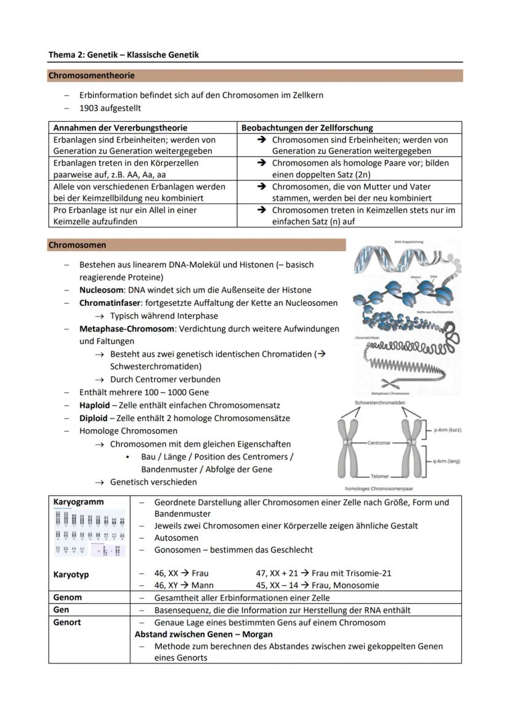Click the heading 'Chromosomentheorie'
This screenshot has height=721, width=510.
click(x=92, y=76)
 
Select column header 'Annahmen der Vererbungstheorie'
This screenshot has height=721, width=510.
click(x=120, y=128)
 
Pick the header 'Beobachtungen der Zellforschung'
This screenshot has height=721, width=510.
click(x=307, y=128)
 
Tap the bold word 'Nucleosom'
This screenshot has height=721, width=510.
click(x=102, y=290)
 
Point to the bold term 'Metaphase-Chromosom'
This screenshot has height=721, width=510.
click(x=126, y=329)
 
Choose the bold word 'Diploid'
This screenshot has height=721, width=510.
click(x=93, y=418)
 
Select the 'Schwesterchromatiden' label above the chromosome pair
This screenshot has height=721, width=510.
click(x=379, y=403)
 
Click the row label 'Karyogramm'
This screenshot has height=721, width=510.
click(x=78, y=502)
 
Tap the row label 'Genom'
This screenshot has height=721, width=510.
click(x=67, y=597)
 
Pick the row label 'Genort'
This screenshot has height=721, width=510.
click(x=67, y=622)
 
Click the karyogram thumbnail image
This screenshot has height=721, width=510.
click(x=89, y=533)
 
